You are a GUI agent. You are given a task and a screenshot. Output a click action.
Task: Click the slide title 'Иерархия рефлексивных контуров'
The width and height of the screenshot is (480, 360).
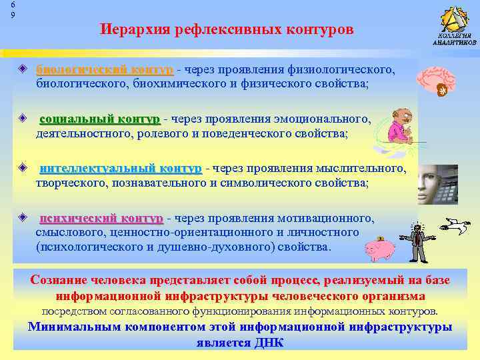click(226, 30)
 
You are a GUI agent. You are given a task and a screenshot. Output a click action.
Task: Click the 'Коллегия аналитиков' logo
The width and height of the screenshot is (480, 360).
click(454, 27)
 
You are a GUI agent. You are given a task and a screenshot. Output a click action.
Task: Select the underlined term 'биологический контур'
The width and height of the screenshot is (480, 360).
click(105, 69)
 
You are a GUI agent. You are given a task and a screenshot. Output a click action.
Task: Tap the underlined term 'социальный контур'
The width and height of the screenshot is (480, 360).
click(100, 119)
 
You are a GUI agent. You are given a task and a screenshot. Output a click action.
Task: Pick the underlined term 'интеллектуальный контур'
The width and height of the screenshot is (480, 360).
click(120, 168)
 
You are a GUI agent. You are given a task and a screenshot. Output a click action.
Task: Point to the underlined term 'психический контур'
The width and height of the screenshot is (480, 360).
click(101, 218)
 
